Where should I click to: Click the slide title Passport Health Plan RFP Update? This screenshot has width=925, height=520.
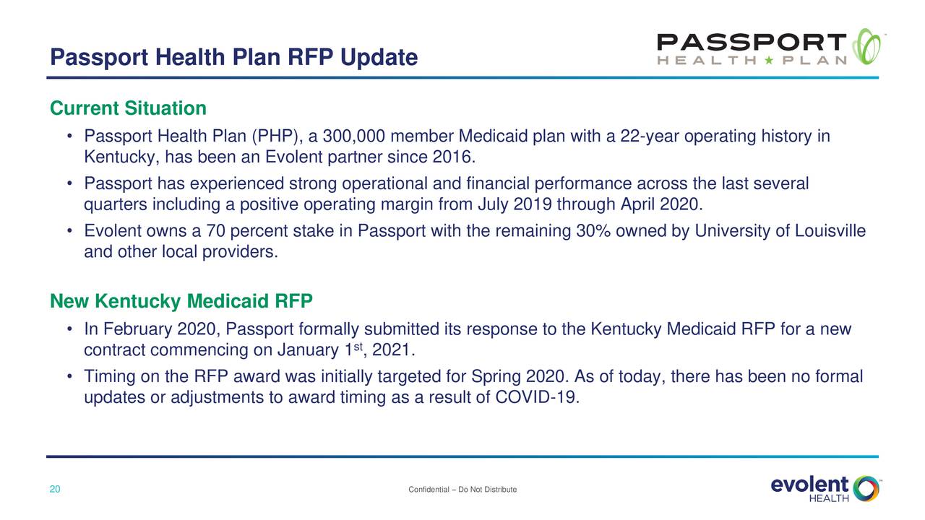233,57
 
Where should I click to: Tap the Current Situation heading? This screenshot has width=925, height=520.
128,108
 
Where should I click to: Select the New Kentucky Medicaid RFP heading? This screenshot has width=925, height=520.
181,301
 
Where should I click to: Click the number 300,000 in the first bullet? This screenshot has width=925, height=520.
354,136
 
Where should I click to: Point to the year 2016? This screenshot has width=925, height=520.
454,157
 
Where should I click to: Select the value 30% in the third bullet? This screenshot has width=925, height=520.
593,230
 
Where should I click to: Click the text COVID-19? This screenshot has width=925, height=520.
537,397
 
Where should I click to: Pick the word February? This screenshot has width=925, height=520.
137,329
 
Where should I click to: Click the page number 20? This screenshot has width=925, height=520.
55,489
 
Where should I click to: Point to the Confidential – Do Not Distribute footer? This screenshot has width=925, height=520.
462,490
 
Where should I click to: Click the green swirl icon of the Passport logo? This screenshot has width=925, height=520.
866,46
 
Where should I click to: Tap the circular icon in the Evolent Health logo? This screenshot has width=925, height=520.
866,489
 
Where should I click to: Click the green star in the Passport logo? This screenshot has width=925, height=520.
769,60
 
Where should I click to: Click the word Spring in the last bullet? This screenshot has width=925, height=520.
496,377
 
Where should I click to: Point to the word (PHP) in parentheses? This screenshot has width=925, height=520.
277,136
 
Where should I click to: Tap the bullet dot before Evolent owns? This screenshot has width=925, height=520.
70,230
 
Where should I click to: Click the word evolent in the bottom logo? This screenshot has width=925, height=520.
809,485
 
